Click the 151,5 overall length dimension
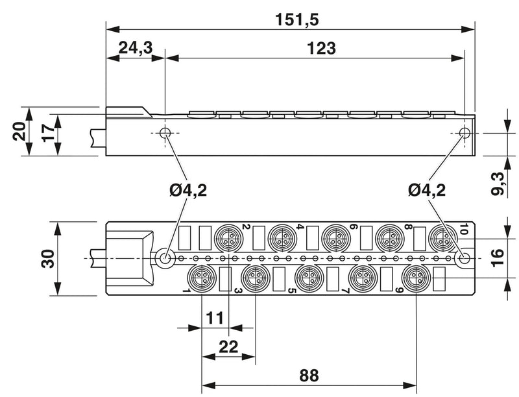click(x=297, y=20)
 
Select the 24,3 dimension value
click(x=136, y=47)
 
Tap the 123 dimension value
click(x=321, y=48)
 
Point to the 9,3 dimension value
click(x=498, y=184)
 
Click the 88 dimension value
click(x=309, y=376)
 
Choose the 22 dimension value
click(x=228, y=346)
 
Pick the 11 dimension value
click(x=215, y=318)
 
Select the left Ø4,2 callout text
click(x=188, y=190)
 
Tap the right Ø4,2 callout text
click(x=427, y=190)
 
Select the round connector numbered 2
click(x=229, y=237)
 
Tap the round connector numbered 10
click(x=443, y=237)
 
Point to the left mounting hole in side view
click(x=165, y=133)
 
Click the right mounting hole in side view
click(x=465, y=133)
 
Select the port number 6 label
click(x=354, y=227)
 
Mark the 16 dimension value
click(x=497, y=258)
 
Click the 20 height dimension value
click(x=20, y=131)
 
